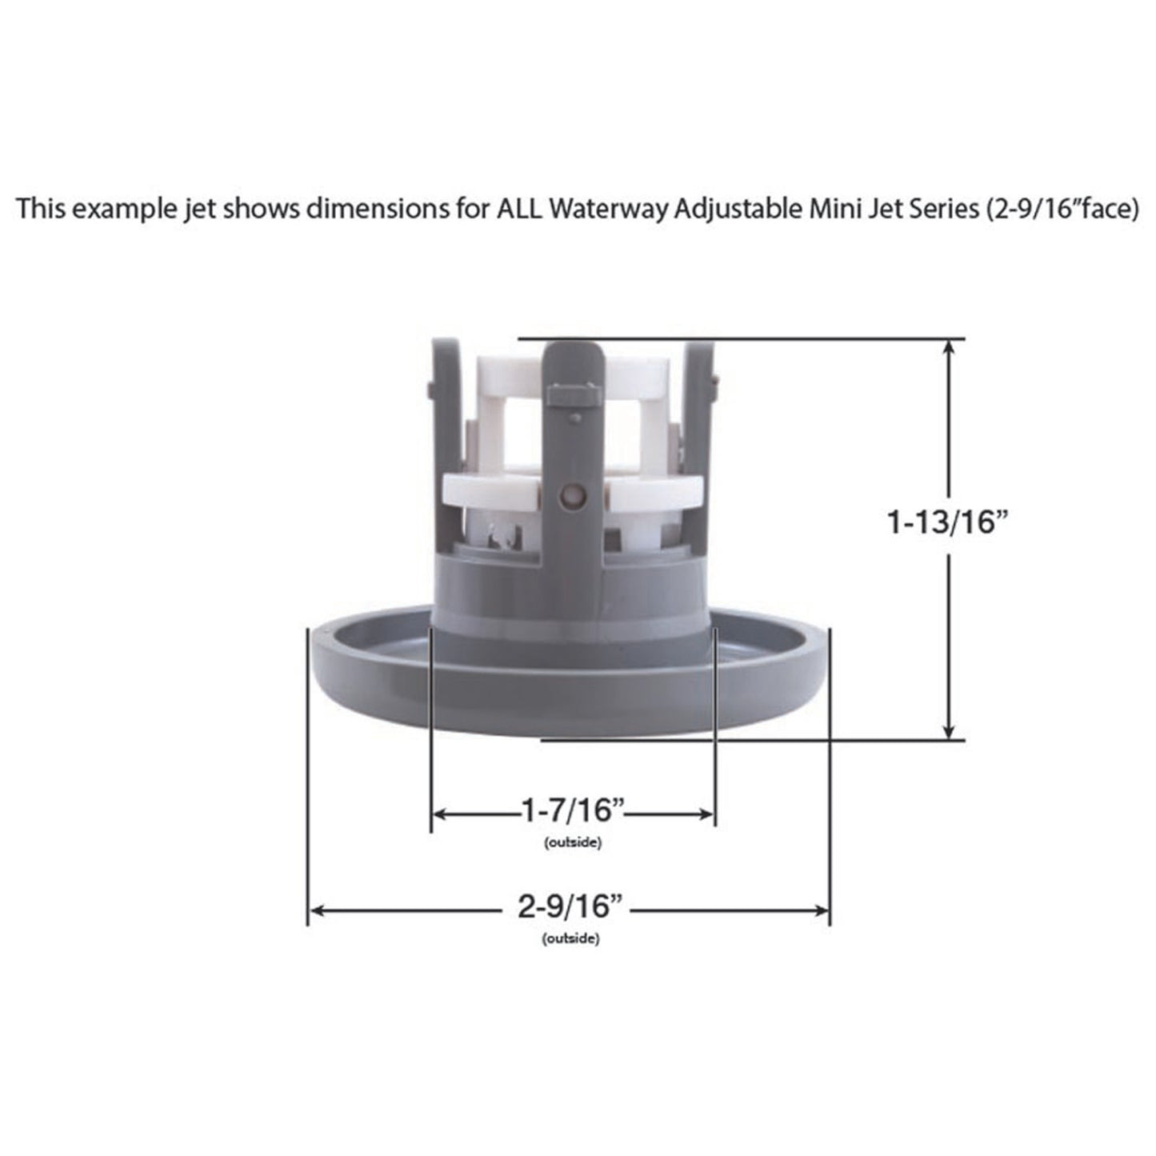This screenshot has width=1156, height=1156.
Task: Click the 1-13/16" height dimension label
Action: coord(945,523)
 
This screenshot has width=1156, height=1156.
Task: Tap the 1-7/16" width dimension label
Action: coord(572,811)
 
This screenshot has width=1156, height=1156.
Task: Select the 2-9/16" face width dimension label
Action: coord(570,908)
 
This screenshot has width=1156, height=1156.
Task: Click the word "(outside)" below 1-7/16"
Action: coord(572,842)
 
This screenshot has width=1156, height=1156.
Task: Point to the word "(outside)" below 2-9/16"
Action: coord(570,939)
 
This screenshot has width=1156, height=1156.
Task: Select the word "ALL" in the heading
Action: coord(520,209)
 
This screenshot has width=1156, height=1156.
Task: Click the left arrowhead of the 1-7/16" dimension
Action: coord(439,814)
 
